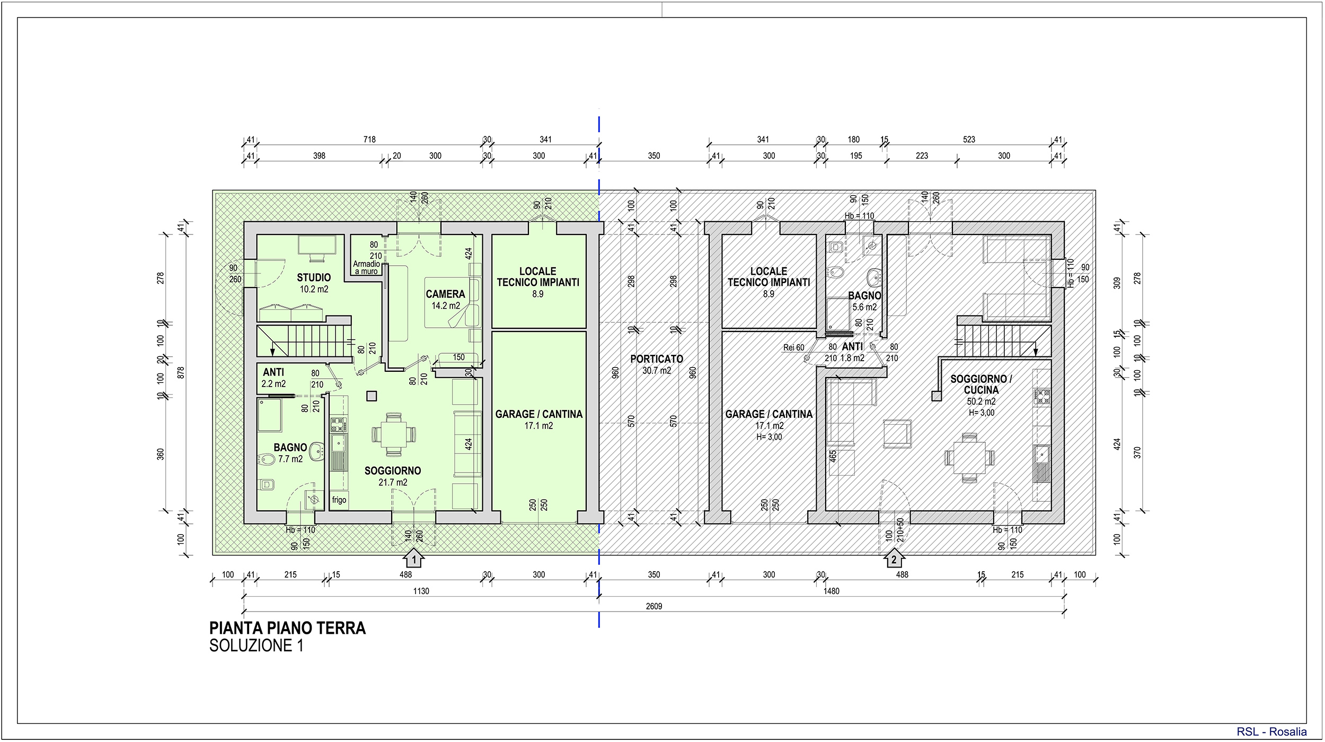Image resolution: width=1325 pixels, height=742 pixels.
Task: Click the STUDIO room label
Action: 314,277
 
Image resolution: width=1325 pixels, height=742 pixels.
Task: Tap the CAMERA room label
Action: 445,294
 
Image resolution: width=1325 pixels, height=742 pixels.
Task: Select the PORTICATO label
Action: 657,359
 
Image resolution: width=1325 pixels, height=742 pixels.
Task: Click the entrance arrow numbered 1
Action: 413,558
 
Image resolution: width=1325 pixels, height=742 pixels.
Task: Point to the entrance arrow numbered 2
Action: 894,558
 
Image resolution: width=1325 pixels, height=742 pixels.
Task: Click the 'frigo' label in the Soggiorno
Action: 339,500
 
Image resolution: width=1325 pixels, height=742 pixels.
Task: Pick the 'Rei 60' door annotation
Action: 793,347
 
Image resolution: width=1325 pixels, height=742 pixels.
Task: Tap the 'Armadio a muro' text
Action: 367,267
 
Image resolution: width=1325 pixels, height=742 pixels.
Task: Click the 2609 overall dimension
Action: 654,606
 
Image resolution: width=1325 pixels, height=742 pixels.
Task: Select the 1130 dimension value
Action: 421,591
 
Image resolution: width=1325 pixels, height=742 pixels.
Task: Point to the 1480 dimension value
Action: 832,591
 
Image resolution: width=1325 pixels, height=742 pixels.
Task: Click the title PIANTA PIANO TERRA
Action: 287,628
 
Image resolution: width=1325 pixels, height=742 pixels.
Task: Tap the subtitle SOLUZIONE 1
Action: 257,646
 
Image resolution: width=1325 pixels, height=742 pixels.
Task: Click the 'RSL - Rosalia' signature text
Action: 1272,732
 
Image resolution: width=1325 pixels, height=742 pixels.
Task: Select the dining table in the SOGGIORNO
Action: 394,434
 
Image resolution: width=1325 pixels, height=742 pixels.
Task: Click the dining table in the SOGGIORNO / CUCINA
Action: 969,458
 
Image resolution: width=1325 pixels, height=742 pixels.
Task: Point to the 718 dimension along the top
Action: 369,139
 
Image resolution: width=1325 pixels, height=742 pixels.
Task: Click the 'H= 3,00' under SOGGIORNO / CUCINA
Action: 982,413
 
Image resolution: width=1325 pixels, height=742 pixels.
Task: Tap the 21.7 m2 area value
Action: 393,483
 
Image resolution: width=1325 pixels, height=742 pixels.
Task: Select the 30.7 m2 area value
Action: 657,371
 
